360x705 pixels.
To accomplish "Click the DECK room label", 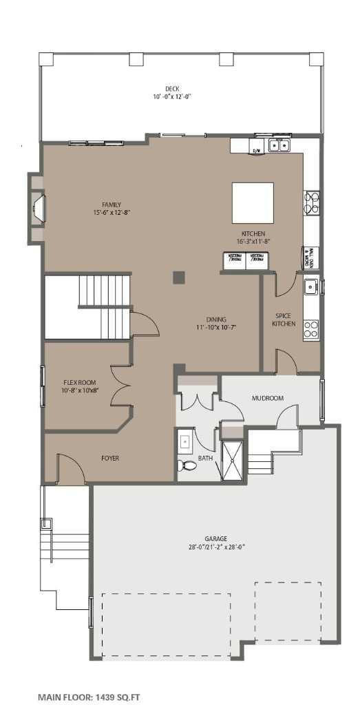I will point(171,88).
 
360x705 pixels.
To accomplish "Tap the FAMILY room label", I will point(112,204).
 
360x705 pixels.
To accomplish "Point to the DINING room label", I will point(215,319).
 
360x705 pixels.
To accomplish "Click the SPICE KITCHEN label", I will point(284,319).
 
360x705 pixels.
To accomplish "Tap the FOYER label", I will point(111,457).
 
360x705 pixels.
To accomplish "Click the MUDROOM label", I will point(268,398).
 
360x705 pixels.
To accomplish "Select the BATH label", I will point(205,457).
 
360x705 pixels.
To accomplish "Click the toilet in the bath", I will point(190,466).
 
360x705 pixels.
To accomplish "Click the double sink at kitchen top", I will point(278,145).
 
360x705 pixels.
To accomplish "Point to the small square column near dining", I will point(178,277).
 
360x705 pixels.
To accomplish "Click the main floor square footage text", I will point(89,697).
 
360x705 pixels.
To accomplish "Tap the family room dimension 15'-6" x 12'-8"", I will point(112,213).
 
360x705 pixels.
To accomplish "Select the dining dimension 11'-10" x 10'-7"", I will point(215,327).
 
